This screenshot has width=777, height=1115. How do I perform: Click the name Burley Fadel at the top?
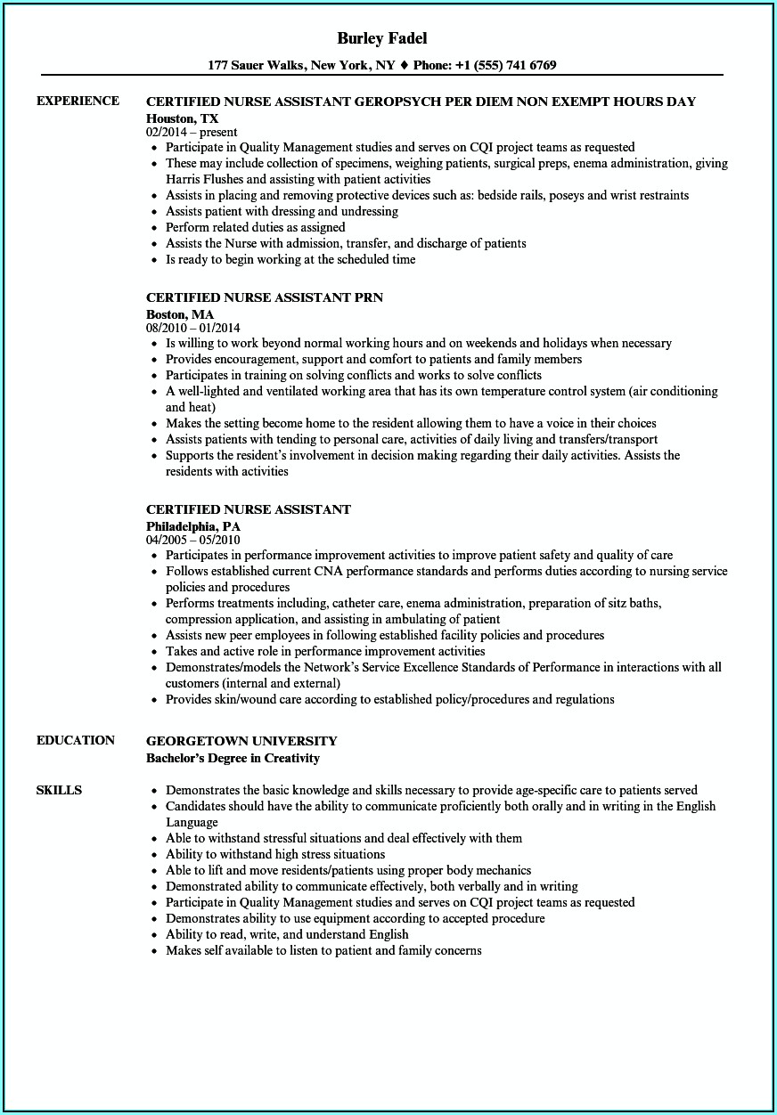(x=382, y=38)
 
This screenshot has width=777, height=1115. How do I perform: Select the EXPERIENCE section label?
(x=78, y=101)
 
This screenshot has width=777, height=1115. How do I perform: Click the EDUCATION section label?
(x=76, y=740)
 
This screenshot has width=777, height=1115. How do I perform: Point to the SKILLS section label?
(x=59, y=790)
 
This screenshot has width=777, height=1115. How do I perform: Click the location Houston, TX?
(x=183, y=118)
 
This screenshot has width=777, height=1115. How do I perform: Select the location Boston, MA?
(x=180, y=313)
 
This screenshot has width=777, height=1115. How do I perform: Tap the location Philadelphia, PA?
(x=193, y=525)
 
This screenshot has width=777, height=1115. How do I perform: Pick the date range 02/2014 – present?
(x=192, y=132)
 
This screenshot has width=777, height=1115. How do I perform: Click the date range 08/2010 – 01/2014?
(x=193, y=328)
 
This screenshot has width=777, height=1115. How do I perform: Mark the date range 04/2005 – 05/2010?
(x=193, y=540)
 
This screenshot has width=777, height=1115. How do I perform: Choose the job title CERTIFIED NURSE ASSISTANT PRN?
(x=265, y=297)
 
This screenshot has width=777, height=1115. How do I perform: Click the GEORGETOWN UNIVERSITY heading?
(x=241, y=741)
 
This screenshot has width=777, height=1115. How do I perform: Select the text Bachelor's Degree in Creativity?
(x=233, y=759)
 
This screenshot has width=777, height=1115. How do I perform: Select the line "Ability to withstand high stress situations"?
(x=275, y=854)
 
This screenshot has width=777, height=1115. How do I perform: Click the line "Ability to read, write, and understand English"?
(x=287, y=934)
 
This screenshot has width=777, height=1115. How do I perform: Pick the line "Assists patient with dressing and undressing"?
(x=282, y=211)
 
